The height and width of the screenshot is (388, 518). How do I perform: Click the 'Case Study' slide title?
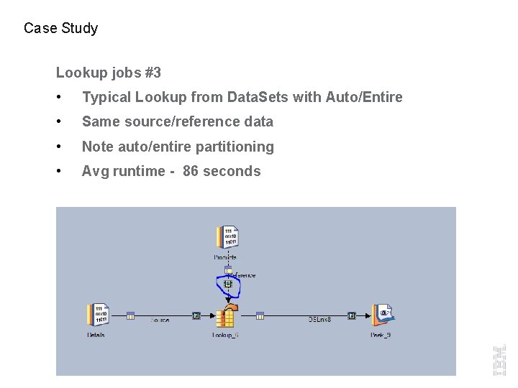tap(60, 29)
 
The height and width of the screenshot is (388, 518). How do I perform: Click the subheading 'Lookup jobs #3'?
tap(109, 73)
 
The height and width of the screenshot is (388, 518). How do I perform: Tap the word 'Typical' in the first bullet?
tap(105, 97)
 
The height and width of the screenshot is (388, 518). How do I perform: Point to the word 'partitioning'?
tap(236, 147)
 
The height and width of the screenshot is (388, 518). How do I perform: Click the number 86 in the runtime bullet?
tap(191, 171)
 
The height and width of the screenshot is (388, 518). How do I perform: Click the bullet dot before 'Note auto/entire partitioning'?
tap(65, 147)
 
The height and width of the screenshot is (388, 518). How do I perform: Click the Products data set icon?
tap(227, 238)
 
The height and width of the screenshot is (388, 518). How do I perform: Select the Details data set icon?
tap(97, 315)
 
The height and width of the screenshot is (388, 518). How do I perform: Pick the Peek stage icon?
tap(382, 315)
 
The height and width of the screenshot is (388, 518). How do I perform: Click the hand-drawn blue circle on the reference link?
tap(228, 286)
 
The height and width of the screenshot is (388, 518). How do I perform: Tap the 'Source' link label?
tap(160, 320)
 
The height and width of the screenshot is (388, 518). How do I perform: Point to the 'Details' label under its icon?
tap(96, 335)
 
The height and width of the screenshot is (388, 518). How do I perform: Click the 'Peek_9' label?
tap(381, 335)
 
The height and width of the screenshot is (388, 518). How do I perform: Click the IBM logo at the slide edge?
tap(499, 359)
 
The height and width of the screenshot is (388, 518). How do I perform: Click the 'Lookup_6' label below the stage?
tap(225, 335)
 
